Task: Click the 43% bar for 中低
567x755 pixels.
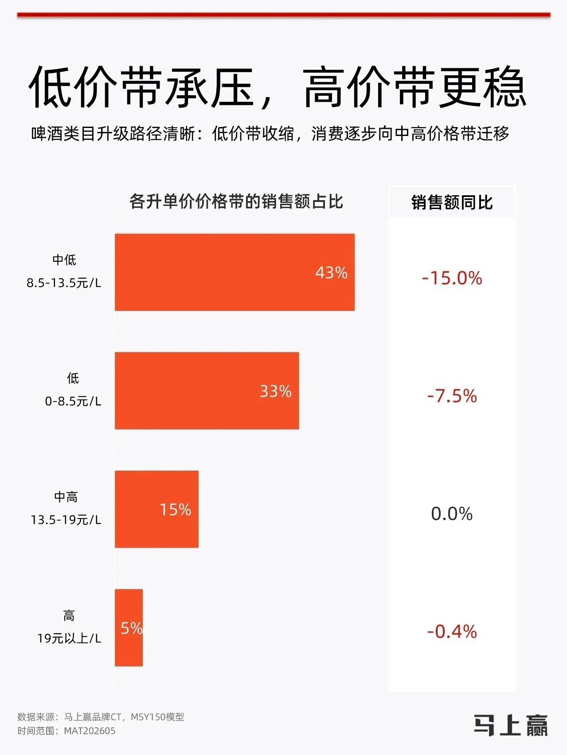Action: point(235,272)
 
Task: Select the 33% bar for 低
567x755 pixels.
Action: point(207,391)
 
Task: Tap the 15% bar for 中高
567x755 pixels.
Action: point(156,509)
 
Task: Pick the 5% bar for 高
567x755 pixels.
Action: point(129,627)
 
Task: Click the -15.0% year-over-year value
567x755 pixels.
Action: point(452,278)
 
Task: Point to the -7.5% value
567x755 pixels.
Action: point(452,396)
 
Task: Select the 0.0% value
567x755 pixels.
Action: point(452,514)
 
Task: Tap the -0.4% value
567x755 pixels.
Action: point(452,631)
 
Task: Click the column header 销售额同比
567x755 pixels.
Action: point(452,202)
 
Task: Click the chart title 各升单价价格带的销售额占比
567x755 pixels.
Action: point(236,201)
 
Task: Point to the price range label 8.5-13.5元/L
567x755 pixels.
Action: point(64,283)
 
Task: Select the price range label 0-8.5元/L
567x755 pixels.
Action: point(73,401)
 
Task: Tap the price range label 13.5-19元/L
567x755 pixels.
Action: point(66,519)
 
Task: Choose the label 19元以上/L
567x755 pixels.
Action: point(69,638)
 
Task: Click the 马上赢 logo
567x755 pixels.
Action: point(511,725)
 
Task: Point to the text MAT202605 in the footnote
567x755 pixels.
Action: point(90,731)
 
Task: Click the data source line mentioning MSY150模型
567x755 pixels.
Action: point(101,716)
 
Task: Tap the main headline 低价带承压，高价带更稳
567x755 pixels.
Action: point(278,87)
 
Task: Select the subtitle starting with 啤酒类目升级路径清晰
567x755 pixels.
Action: point(270,133)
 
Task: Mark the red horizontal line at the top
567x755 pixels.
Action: point(284,15)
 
